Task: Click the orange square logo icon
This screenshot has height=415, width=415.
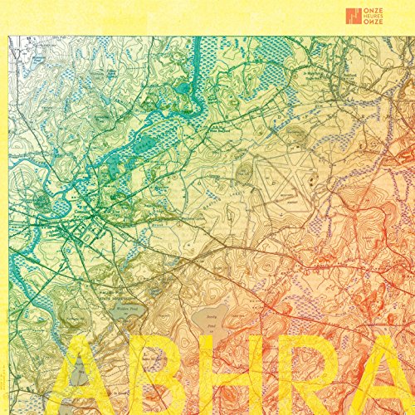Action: click(354, 15)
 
